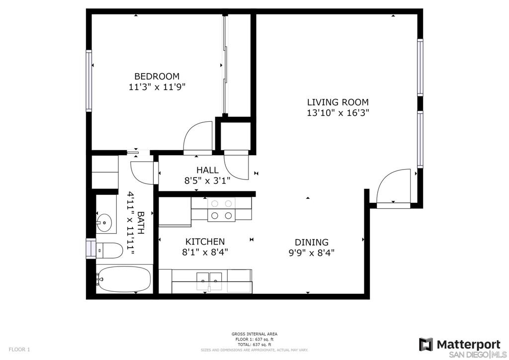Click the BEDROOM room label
pos(157,77)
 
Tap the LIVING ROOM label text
pos(338,102)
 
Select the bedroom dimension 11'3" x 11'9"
pos(157,87)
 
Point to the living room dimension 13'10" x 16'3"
pos(338,113)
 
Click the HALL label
pos(207,170)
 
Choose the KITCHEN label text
pos(205,242)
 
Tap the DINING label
pos(312,242)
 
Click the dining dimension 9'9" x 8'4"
pos(312,253)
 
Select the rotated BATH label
pos(141,223)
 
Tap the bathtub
pos(124,279)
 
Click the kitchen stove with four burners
pos(221,209)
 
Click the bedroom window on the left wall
pos(88,81)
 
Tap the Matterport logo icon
pos(425,345)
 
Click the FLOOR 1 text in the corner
pos(19,350)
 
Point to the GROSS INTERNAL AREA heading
pos(254,334)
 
